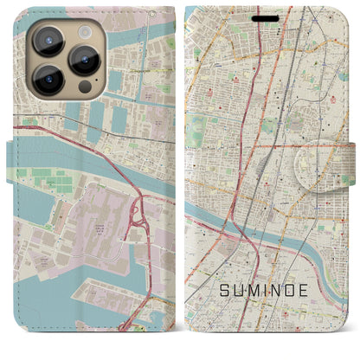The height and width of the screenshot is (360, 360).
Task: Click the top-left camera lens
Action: [x=48, y=39]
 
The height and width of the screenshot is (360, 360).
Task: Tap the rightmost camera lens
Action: [x=85, y=60]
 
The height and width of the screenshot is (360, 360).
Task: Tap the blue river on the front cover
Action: [x=303, y=238]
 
